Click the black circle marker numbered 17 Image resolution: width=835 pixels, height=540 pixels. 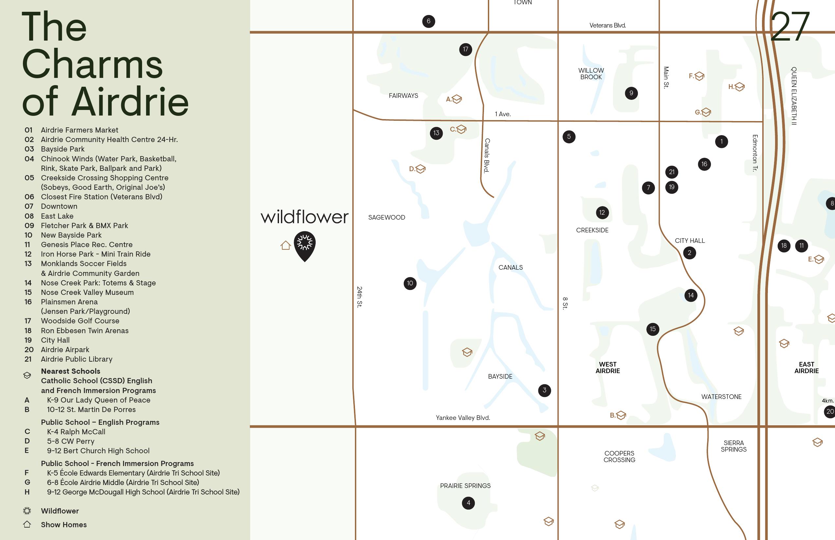click(465, 49)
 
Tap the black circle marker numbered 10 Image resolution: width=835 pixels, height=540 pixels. click(410, 283)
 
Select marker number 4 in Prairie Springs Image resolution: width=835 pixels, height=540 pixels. click(468, 503)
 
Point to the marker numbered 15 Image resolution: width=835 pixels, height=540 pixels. click(652, 329)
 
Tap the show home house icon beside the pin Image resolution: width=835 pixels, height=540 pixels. click(285, 245)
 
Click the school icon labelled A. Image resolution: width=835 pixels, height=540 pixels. click(456, 99)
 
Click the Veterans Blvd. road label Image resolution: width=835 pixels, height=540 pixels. click(607, 25)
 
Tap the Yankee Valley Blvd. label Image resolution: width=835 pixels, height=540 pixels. click(462, 418)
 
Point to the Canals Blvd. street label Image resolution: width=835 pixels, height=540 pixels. click(487, 155)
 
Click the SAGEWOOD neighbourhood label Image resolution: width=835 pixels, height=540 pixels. click(386, 217)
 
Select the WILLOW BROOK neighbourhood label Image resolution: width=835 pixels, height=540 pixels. click(591, 74)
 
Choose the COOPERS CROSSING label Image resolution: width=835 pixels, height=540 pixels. click(619, 457)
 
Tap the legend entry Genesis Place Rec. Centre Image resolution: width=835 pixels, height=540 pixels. click(86, 244)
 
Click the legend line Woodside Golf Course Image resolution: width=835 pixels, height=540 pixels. click(80, 321)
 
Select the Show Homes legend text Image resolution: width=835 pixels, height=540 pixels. click(64, 525)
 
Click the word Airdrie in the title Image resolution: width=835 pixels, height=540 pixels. click(131, 102)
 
